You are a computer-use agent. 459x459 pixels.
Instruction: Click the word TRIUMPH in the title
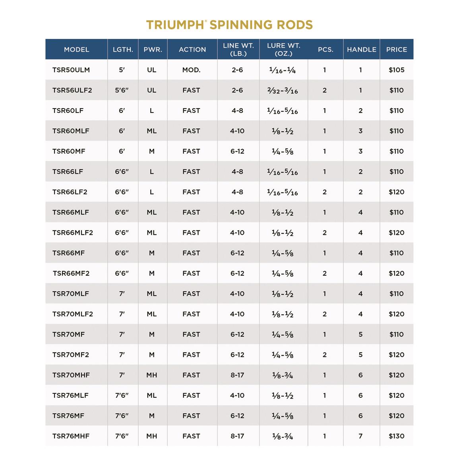(176, 25)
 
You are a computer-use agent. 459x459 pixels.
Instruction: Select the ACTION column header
(192, 50)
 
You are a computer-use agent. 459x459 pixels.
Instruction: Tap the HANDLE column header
(361, 50)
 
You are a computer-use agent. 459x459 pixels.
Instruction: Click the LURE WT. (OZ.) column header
(283, 50)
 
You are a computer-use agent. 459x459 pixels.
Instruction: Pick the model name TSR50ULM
(71, 70)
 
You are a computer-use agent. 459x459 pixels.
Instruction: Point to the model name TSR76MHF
(71, 436)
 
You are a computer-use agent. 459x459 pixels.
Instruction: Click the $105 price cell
(397, 70)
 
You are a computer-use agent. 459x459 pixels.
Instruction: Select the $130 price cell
(397, 436)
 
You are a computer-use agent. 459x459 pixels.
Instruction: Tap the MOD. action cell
(191, 70)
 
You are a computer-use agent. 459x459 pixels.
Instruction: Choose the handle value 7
(360, 436)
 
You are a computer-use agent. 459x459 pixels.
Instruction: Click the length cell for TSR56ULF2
(122, 90)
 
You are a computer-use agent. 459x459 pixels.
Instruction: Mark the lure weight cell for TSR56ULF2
(283, 90)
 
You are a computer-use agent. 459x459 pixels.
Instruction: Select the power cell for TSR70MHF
(152, 375)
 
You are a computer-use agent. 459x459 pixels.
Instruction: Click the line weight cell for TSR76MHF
(237, 436)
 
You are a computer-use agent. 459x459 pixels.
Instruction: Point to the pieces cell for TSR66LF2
(325, 192)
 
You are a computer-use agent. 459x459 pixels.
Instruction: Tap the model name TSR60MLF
(71, 131)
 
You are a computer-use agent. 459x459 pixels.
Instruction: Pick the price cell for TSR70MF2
(397, 354)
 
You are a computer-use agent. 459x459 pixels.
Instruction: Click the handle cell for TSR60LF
(360, 110)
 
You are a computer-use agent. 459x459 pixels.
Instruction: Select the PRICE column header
(397, 50)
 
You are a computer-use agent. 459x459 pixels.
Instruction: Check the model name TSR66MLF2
(73, 232)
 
